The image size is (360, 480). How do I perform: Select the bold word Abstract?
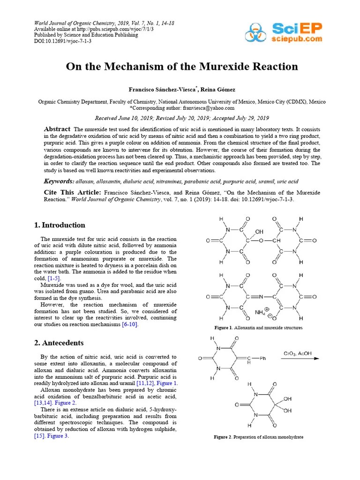(x=57, y=129)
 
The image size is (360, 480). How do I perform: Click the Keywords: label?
(x=59, y=181)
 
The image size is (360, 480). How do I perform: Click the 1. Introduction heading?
(x=60, y=225)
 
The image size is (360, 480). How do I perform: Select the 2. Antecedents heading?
(x=59, y=343)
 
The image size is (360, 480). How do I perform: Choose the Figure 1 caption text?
(x=258, y=328)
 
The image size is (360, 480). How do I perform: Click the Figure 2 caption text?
(x=258, y=437)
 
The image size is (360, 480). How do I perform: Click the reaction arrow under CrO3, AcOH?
(x=300, y=359)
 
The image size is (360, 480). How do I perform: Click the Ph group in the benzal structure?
(x=262, y=359)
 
